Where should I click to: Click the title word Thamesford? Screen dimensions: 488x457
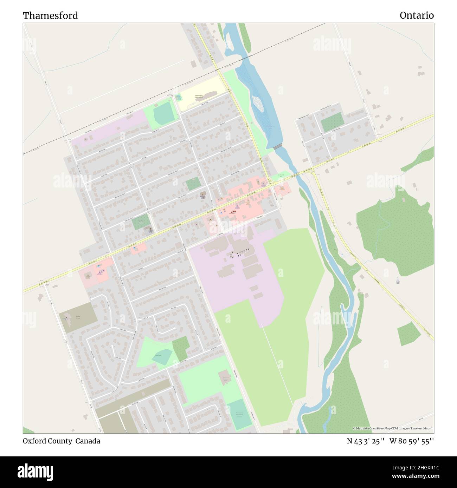pos(51,15)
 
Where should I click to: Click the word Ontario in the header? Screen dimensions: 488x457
pos(417,15)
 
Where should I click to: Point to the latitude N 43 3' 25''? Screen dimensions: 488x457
pos(365,441)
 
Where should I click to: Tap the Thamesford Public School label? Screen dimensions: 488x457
pos(199,96)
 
